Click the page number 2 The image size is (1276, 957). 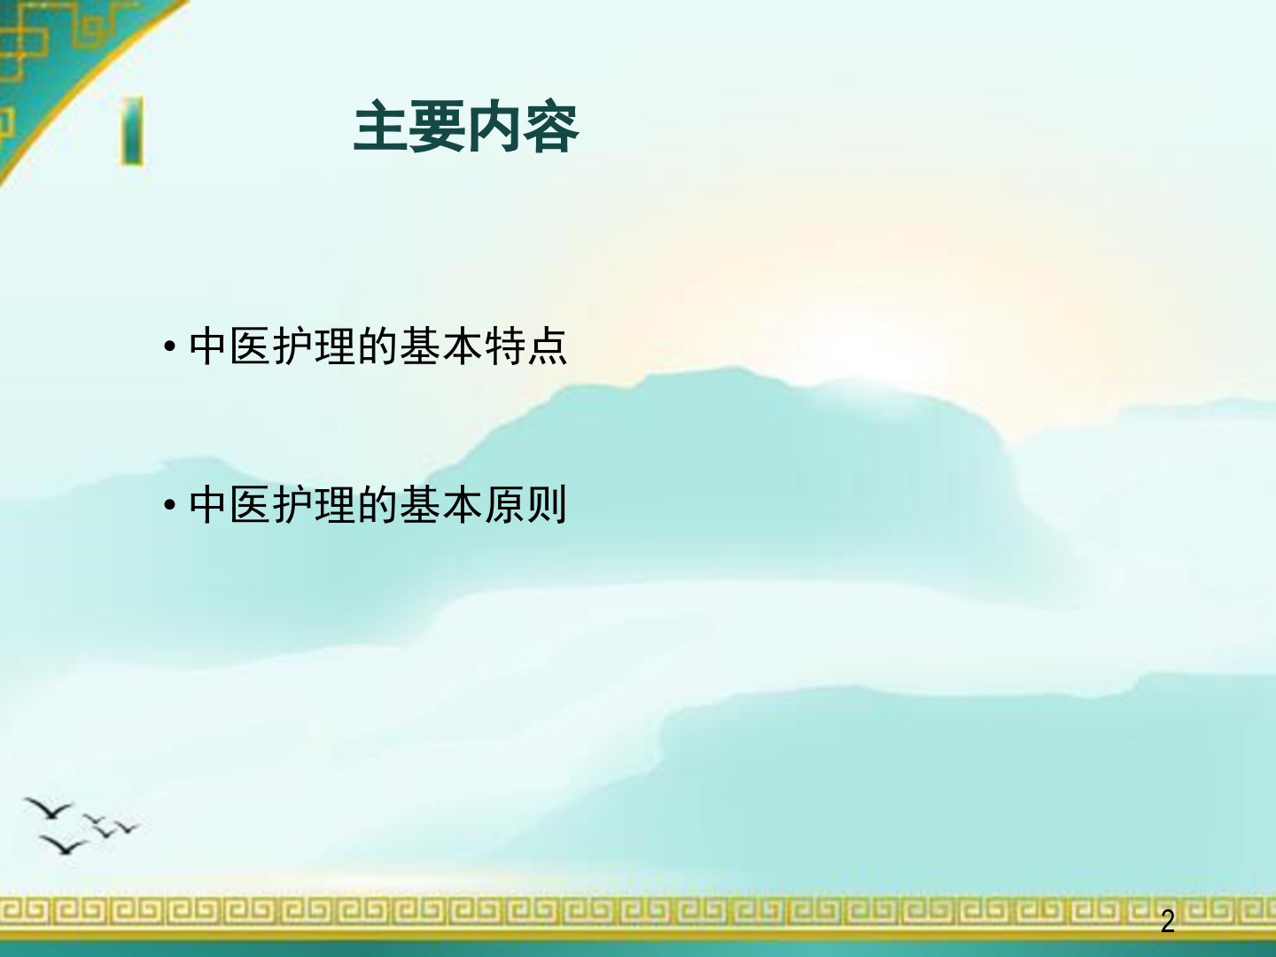tap(1167, 922)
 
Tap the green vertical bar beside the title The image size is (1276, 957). tap(133, 131)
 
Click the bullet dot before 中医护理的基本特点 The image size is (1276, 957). tap(170, 347)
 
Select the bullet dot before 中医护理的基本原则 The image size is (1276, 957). tap(170, 505)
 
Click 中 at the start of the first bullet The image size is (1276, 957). tap(207, 346)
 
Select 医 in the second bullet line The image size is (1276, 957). tap(250, 504)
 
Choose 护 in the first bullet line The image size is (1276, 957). tap(292, 346)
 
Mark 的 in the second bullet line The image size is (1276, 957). tap(377, 504)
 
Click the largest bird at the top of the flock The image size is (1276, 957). tap(49, 808)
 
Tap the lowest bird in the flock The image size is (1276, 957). tap(64, 845)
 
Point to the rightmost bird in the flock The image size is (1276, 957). tap(127, 827)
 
